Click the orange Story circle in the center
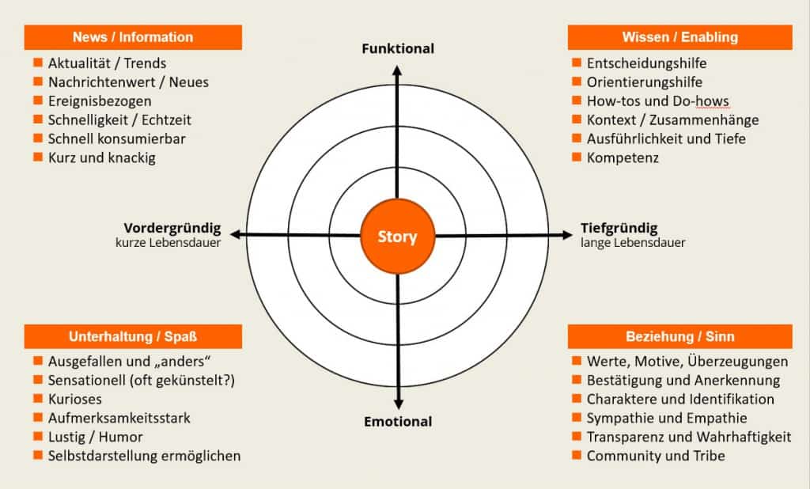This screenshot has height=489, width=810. coord(397,236)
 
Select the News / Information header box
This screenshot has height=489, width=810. coord(133,37)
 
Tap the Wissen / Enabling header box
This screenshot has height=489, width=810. coord(680,37)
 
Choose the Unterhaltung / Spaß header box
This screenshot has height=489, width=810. coord(133,336)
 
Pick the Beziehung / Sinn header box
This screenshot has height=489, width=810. coord(680,336)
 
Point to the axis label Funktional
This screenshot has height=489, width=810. coord(398,49)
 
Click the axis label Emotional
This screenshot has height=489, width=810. coord(398,422)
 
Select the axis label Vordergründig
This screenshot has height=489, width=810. coord(172,229)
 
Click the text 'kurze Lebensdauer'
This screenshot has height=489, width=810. coord(168,243)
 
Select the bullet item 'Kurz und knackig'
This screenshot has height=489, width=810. coord(101,157)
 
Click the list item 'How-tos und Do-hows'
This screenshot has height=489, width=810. coord(657,101)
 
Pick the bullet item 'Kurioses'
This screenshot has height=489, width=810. coord(74,399)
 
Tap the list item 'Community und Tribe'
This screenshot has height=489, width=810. coord(656,456)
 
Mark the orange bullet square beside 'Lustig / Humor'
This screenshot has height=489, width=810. coord(37,436)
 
